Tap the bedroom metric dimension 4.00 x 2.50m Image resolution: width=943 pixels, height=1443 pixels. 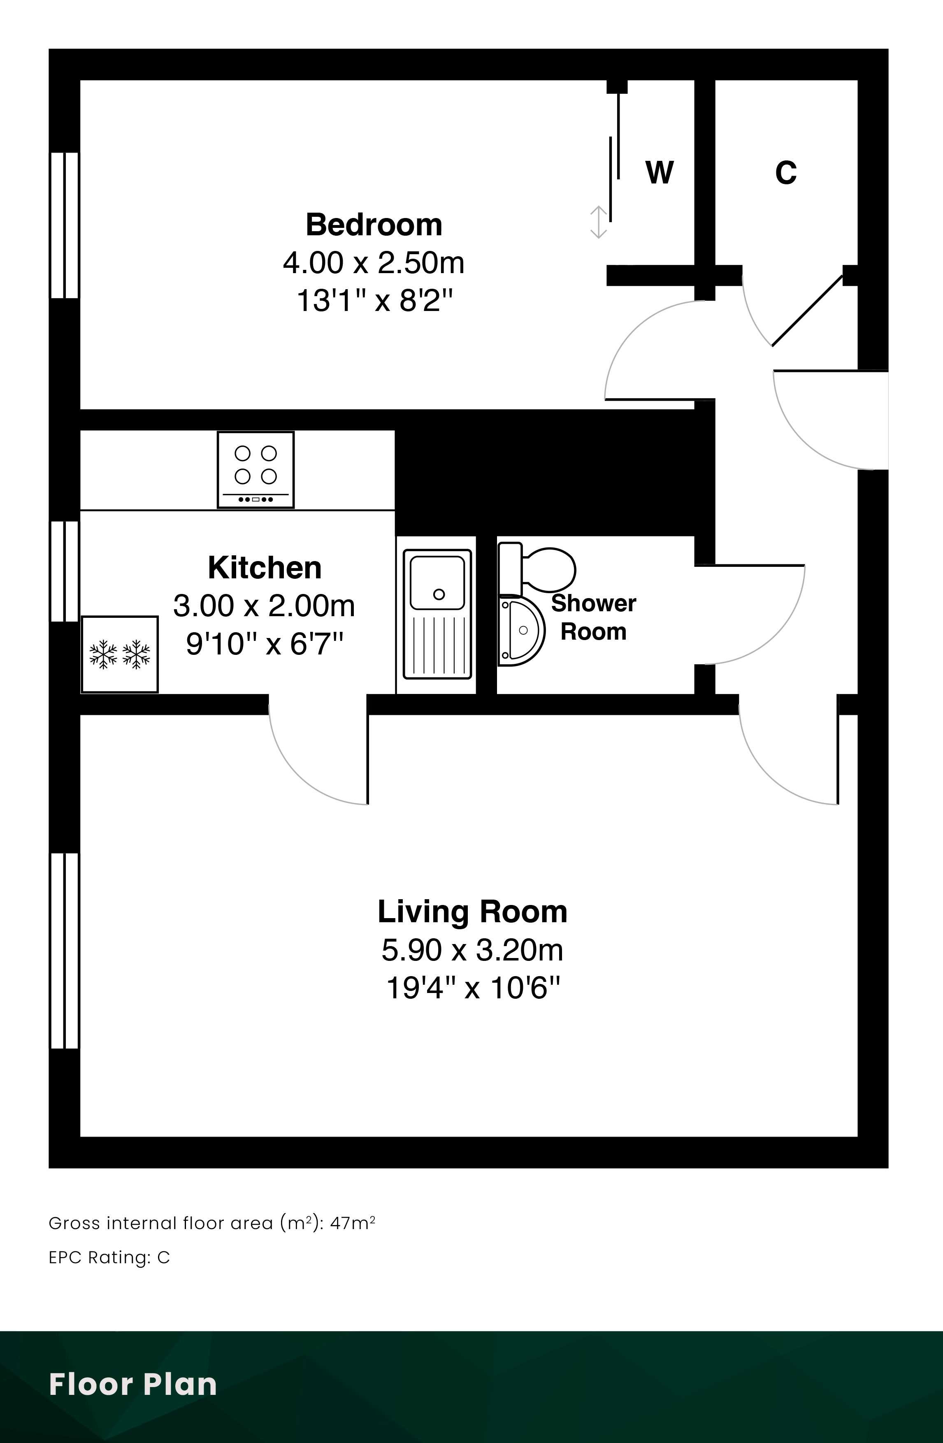pyautogui.click(x=374, y=262)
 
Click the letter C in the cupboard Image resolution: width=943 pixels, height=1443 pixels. pyautogui.click(x=785, y=172)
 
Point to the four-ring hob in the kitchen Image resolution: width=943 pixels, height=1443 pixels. pyautogui.click(x=256, y=469)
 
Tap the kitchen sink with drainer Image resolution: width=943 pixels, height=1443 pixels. pyautogui.click(x=437, y=614)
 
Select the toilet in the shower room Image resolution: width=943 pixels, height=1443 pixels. pyautogui.click(x=537, y=569)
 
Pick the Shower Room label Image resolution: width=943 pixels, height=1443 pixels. pyautogui.click(x=593, y=617)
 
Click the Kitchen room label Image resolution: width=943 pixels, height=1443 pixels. pyautogui.click(x=265, y=568)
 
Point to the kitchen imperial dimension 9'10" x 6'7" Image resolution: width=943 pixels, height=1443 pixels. pyautogui.click(x=265, y=643)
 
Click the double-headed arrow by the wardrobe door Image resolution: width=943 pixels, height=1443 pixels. pyautogui.click(x=599, y=222)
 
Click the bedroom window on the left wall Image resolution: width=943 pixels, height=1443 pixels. pyautogui.click(x=64, y=225)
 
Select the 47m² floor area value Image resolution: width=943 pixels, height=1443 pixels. pyautogui.click(x=352, y=1223)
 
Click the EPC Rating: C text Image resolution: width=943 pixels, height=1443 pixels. pyautogui.click(x=109, y=1257)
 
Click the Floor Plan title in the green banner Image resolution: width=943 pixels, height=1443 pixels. pyautogui.click(x=133, y=1384)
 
